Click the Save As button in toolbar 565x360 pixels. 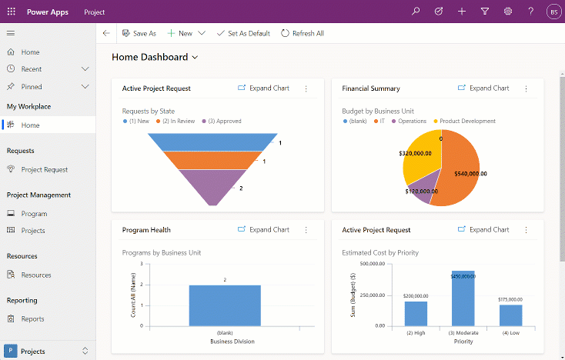click(x=139, y=34)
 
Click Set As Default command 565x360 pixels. click(x=243, y=34)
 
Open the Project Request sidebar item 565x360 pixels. click(x=45, y=169)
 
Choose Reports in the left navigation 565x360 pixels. click(x=33, y=318)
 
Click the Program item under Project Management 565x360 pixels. click(x=35, y=214)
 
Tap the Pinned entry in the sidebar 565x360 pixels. click(x=32, y=87)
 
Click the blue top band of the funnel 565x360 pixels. click(x=212, y=142)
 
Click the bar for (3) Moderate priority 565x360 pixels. click(x=463, y=298)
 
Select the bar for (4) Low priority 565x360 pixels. click(x=510, y=315)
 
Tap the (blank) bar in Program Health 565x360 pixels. click(x=225, y=305)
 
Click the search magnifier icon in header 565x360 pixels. click(x=416, y=12)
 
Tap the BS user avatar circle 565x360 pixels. click(x=553, y=12)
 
